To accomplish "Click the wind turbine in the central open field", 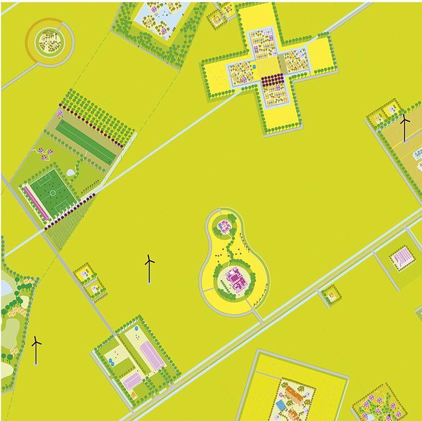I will pyautogui.click(x=149, y=268).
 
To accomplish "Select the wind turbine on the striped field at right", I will pyautogui.click(x=405, y=126).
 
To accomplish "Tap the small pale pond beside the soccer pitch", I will pyautogui.click(x=71, y=173).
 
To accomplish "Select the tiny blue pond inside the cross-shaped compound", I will pyautogui.click(x=255, y=63).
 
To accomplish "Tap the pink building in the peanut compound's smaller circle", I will pyautogui.click(x=225, y=227).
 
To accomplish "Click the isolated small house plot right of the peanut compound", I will pyautogui.click(x=330, y=295).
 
